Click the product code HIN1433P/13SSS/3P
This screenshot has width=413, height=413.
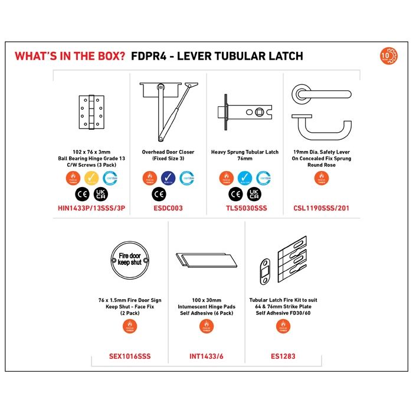click(91, 208)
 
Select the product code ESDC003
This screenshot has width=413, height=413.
click(168, 208)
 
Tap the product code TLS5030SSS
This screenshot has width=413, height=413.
click(244, 208)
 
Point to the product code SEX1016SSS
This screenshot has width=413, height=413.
click(130, 356)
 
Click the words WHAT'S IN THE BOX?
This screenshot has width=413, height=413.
click(70, 57)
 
